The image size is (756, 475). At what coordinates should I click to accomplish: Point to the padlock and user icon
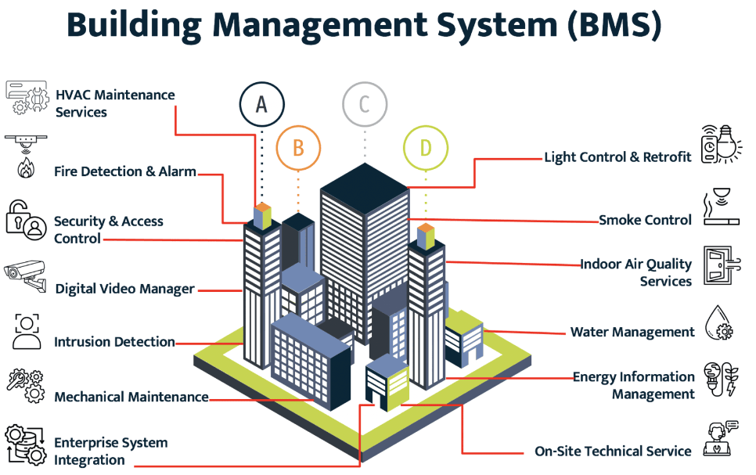pyautogui.click(x=26, y=221)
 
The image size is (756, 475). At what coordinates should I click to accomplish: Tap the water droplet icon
pyautogui.click(x=718, y=322)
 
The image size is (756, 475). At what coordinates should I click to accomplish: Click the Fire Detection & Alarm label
pyautogui.click(x=125, y=171)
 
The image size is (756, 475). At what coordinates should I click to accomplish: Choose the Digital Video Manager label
pyautogui.click(x=125, y=289)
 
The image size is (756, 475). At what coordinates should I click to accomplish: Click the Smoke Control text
pyautogui.click(x=645, y=220)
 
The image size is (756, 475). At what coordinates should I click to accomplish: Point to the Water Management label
pyautogui.click(x=632, y=332)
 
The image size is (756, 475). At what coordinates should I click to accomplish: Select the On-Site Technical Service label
pyautogui.click(x=613, y=451)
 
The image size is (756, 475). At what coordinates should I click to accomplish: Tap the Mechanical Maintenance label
pyautogui.click(x=131, y=397)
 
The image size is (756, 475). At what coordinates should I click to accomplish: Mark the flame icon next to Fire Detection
pyautogui.click(x=26, y=168)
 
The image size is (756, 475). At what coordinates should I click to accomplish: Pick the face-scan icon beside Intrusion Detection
pyautogui.click(x=27, y=331)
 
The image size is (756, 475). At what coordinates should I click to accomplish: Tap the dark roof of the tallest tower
pyautogui.click(x=365, y=188)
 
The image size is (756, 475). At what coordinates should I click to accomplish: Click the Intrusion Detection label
pyautogui.click(x=114, y=342)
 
